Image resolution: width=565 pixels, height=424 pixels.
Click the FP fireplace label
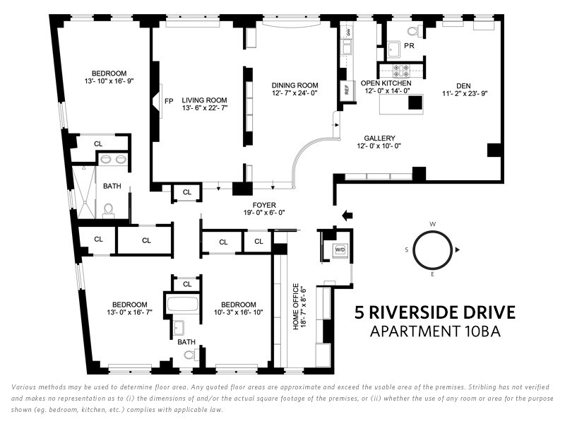point(169,101)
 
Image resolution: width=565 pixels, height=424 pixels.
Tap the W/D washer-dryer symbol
point(340,249)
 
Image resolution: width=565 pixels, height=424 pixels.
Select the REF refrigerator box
point(347,90)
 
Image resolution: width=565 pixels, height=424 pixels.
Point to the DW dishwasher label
point(348,32)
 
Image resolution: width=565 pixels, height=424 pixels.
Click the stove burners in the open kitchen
point(401,71)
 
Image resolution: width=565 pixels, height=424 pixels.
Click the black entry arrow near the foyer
point(347,216)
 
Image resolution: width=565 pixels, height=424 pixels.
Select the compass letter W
point(433,224)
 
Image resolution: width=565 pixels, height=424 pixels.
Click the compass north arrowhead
point(458,250)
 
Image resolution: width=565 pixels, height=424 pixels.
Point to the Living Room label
point(204,100)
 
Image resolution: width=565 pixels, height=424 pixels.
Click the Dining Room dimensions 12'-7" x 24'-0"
point(295,93)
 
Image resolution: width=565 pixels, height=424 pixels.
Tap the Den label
point(463,86)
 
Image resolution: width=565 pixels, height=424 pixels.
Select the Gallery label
point(379,138)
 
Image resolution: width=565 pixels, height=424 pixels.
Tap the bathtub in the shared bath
point(183,305)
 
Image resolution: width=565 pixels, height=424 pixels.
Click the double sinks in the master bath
point(113,159)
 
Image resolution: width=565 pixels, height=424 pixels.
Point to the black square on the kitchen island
point(415,102)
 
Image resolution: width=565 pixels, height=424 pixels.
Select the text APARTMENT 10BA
point(435,331)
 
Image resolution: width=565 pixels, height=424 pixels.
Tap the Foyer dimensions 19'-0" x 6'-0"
point(264,213)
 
